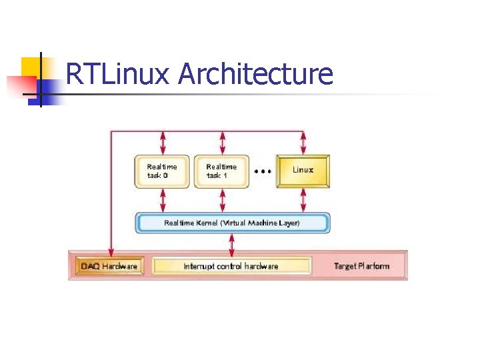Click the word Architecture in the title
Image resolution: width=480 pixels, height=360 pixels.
255,74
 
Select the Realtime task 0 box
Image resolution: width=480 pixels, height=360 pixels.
163,171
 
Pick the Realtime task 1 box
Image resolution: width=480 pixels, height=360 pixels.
221,171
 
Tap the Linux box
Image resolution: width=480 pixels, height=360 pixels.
303,170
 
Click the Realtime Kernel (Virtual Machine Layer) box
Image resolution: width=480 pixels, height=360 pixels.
232,223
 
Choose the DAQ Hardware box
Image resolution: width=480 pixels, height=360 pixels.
109,266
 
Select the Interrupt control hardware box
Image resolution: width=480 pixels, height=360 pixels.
231,266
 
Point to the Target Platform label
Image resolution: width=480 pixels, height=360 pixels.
361,266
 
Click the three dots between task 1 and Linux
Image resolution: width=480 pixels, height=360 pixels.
263,171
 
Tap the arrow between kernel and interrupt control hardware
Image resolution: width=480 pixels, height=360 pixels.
231,245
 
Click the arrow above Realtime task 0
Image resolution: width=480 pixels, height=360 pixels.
163,143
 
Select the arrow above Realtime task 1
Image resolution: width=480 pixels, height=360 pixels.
222,143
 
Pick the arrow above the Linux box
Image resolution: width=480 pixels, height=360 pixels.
304,143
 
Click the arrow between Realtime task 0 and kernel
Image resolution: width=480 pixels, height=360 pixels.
163,200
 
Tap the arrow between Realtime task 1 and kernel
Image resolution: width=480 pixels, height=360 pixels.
222,200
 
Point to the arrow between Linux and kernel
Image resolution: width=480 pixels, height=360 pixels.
304,200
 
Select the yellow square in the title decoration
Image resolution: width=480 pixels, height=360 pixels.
31,67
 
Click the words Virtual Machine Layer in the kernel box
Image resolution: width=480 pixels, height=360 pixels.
261,223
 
